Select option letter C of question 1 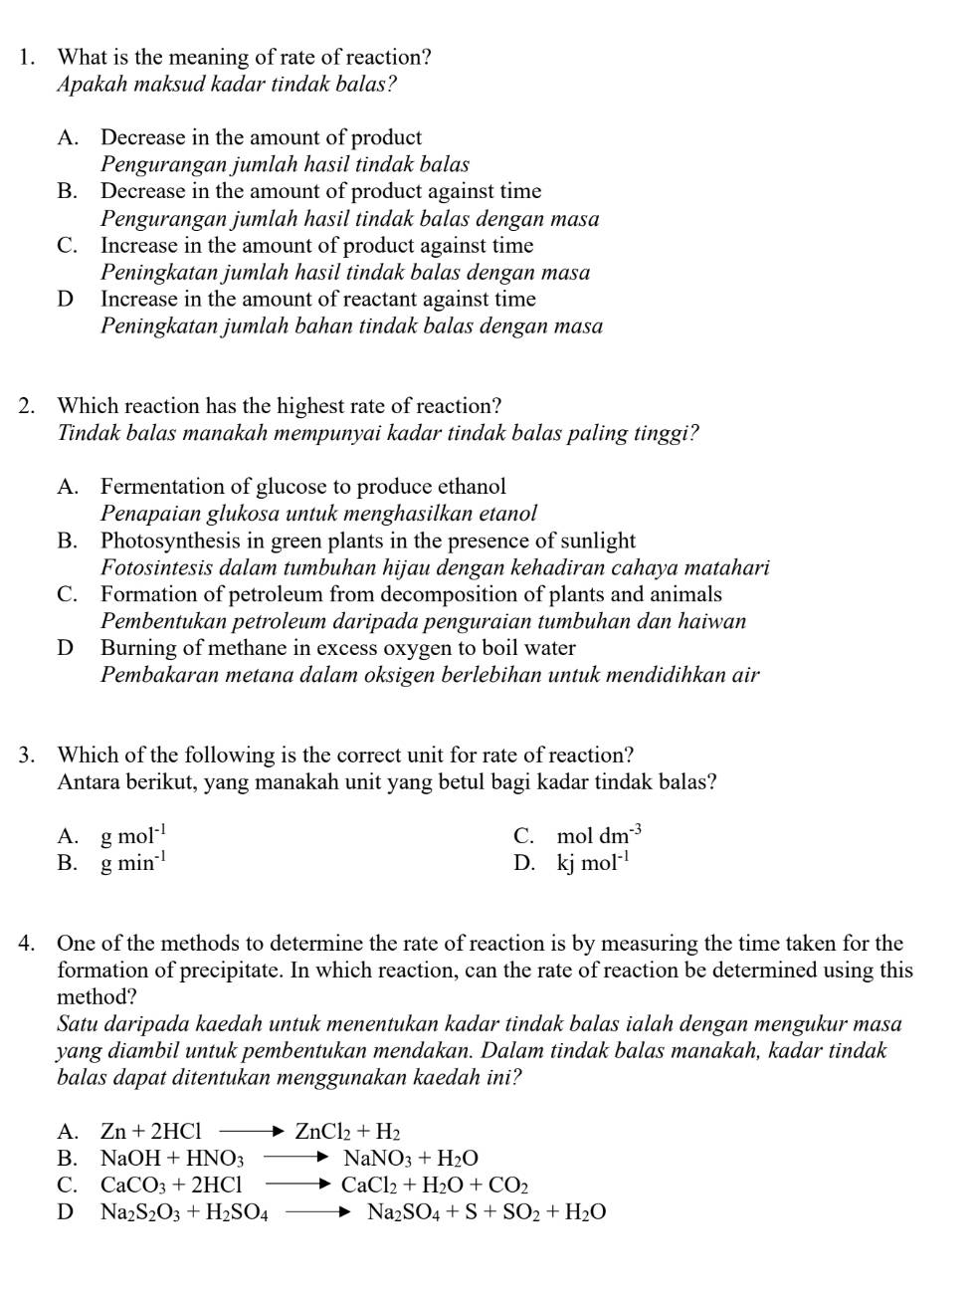[x=67, y=246]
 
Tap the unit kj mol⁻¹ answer [x=593, y=863]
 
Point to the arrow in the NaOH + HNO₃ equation [x=295, y=1158]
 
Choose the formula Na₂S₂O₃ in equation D [x=140, y=1212]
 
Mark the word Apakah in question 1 [x=89, y=85]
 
